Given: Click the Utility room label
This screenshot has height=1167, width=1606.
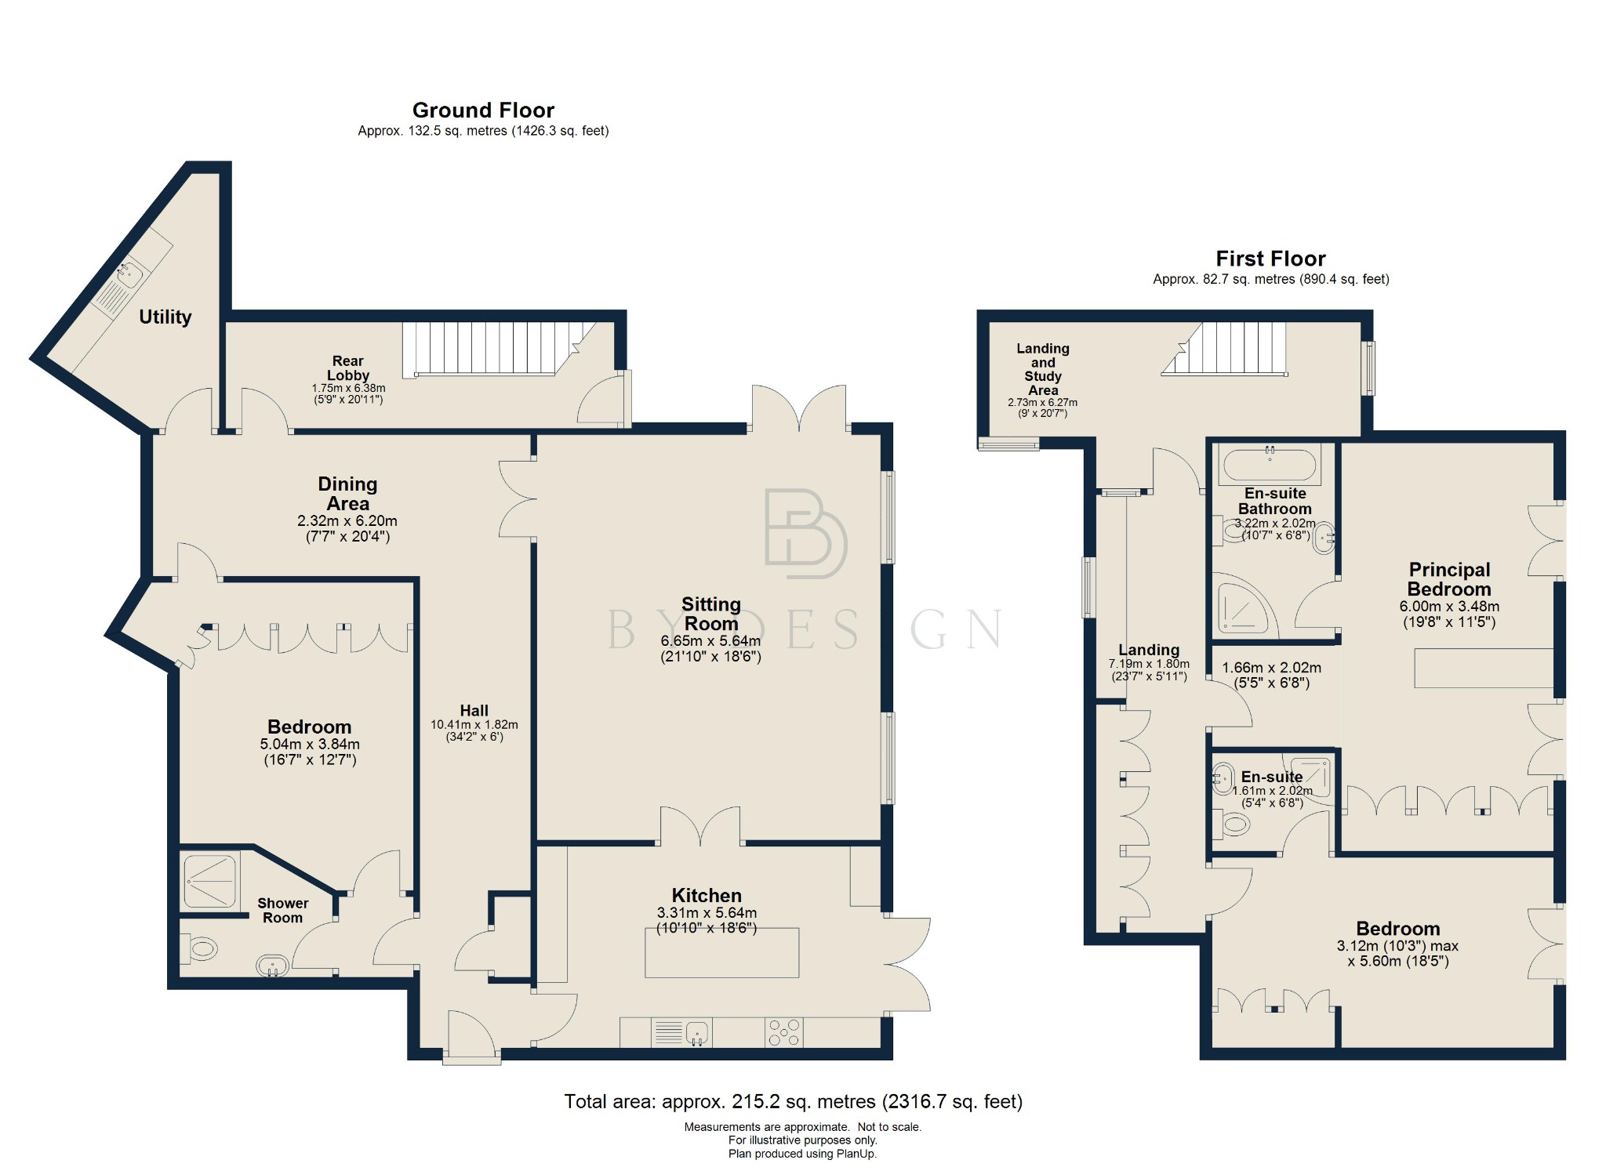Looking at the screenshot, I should click(x=165, y=317).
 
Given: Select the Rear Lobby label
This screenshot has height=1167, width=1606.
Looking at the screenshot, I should click(x=347, y=368).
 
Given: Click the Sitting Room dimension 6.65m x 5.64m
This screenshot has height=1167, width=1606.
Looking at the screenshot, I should click(x=710, y=641).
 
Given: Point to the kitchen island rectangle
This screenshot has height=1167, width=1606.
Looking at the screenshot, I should click(x=721, y=952).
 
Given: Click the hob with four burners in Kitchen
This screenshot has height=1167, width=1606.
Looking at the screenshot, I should click(x=783, y=1031).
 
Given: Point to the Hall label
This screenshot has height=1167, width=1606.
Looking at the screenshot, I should click(x=474, y=710).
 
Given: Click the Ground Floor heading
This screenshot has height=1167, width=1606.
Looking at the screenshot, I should click(x=483, y=110).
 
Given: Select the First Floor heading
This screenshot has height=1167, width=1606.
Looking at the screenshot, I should click(x=1270, y=259).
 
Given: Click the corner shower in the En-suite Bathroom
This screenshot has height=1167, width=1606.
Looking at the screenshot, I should click(x=1241, y=606).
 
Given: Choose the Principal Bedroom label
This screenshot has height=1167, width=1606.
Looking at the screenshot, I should click(x=1448, y=579).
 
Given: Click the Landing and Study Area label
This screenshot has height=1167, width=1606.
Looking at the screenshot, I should click(x=1042, y=368).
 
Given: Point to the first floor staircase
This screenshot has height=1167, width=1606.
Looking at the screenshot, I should click(x=1231, y=350).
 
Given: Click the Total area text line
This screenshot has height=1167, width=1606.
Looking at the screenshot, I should click(x=793, y=1101).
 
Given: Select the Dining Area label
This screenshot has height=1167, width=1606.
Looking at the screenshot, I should click(x=347, y=494).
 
